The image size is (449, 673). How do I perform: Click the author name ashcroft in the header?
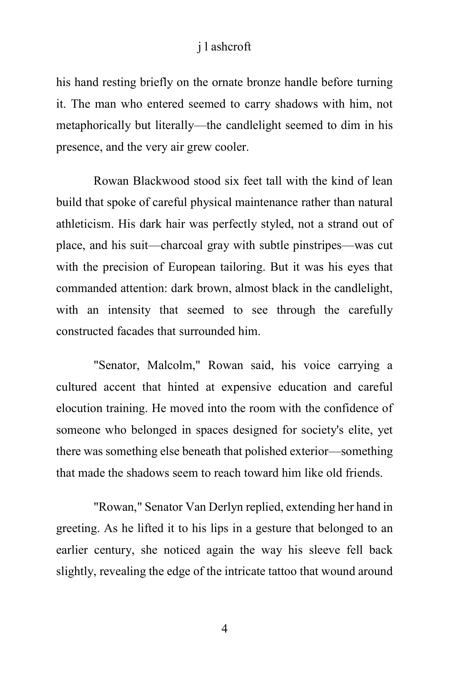(231, 47)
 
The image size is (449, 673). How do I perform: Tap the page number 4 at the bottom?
(224, 629)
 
